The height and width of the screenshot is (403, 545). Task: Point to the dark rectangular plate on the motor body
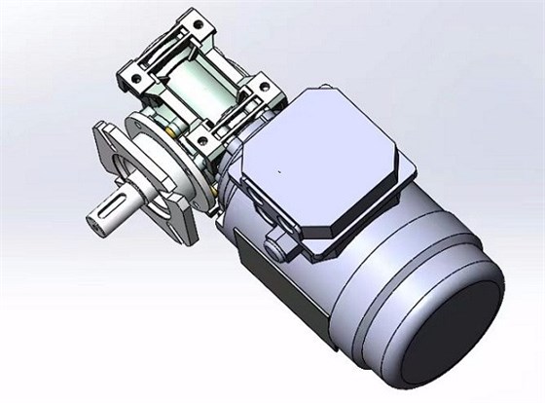tap(255, 265)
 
